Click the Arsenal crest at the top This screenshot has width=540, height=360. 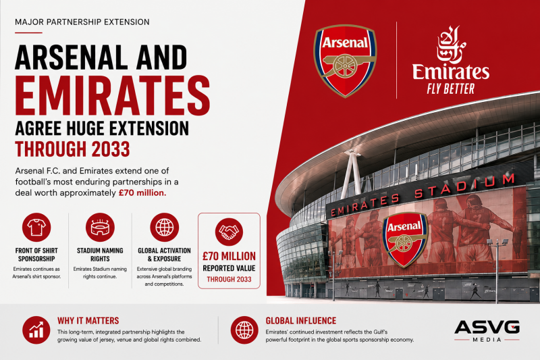345,61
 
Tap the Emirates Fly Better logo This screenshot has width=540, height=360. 451,60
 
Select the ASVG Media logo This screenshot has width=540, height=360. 487,331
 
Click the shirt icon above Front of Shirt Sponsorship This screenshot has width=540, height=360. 36,228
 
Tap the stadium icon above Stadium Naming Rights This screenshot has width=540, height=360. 100,228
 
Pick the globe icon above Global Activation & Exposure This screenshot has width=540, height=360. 164,228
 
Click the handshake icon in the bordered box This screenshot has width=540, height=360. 229,232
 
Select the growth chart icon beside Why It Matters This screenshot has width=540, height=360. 36,330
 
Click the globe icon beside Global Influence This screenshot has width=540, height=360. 244,330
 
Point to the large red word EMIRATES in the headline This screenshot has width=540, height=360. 112,95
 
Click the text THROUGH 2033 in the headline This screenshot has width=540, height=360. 72,149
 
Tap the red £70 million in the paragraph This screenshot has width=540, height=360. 142,193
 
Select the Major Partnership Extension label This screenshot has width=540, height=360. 82,22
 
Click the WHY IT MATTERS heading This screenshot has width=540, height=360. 88,321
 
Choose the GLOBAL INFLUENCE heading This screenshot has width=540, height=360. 300,321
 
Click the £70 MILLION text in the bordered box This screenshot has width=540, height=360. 229,256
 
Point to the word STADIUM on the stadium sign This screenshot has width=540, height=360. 464,186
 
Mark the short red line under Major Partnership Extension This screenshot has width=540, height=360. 28,32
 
